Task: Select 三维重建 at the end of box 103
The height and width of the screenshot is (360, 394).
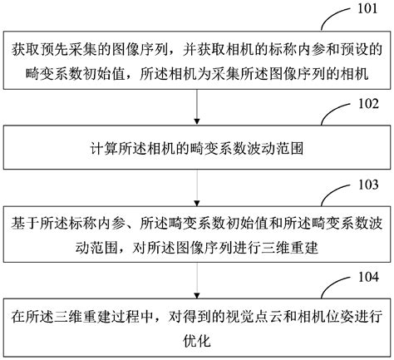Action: (x=228, y=248)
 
